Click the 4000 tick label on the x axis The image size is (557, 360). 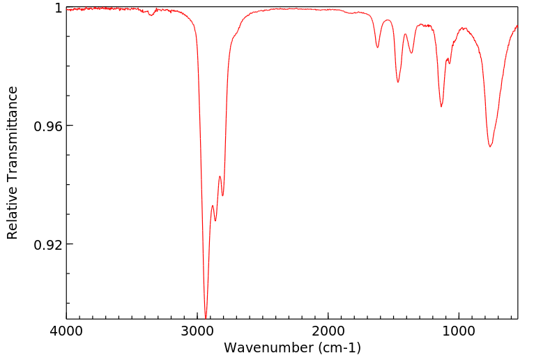66,330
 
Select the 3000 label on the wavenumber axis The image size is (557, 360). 197,330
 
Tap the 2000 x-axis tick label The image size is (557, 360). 328,330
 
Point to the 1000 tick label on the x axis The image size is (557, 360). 459,330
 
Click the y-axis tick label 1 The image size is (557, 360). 58,8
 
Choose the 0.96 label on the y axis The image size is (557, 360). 49,126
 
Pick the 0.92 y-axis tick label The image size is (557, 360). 49,245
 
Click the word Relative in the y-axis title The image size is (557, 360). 13,209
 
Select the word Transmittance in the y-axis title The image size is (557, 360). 13,130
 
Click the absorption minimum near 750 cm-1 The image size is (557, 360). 490,147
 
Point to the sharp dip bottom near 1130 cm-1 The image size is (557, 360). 441,106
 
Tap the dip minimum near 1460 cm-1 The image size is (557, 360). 398,82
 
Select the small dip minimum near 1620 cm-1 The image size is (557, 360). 378,47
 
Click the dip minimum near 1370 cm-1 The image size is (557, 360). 411,53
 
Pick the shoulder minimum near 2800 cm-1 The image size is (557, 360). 222,195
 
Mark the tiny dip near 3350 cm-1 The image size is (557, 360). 151,15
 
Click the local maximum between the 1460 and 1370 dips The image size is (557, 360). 405,33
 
